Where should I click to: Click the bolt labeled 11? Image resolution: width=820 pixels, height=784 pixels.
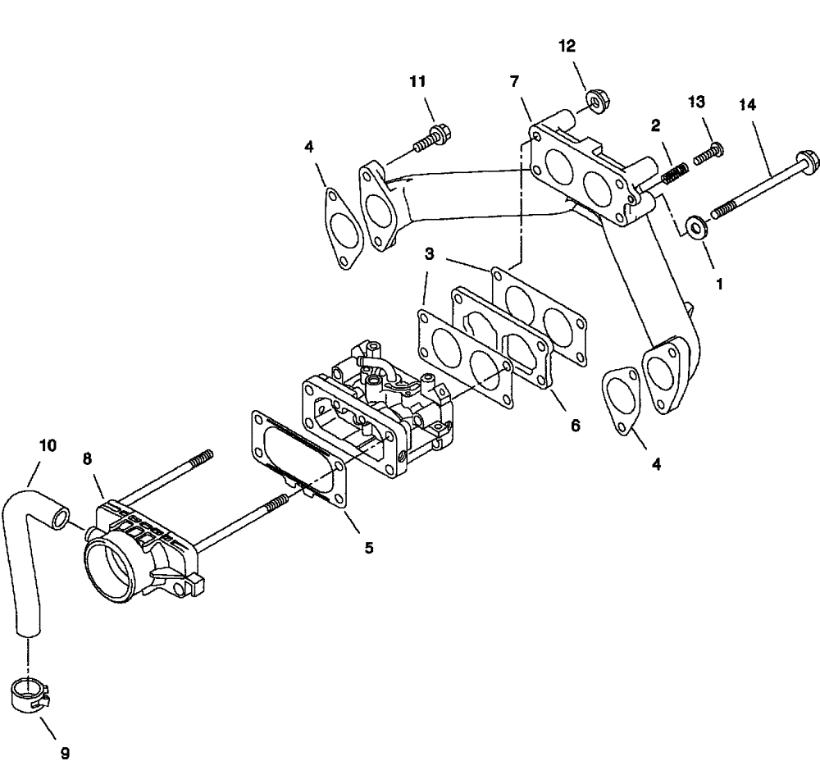[430, 135]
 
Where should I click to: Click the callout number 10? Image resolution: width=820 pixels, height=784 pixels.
[48, 445]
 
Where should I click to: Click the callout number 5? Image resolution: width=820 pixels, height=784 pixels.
[368, 547]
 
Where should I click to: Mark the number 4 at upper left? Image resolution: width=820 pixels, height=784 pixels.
[308, 148]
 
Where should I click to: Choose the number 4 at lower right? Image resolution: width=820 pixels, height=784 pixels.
[657, 463]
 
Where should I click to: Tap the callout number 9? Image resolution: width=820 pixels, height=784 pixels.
[65, 751]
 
